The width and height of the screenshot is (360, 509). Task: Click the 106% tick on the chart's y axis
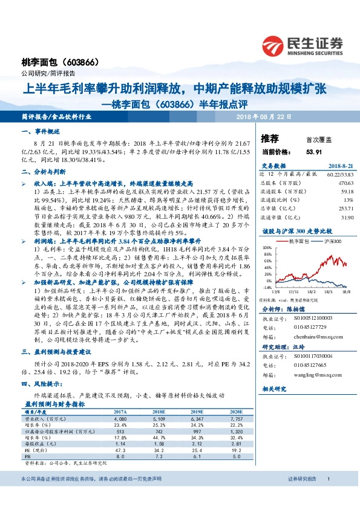tap(267, 248)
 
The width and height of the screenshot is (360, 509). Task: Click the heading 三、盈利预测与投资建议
tap(57, 351)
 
